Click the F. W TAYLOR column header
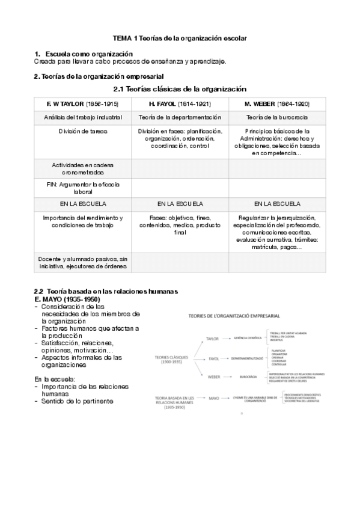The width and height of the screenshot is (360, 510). [82, 104]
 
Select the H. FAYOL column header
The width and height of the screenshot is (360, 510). [180, 104]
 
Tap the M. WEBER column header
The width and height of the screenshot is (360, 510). [277, 104]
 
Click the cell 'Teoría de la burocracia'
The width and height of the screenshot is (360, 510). [277, 117]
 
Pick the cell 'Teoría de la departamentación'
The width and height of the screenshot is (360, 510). [180, 117]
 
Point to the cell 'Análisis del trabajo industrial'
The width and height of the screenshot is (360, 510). [82, 117]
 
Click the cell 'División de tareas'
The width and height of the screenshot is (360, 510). [82, 131]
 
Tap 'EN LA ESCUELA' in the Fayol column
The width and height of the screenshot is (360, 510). [180, 204]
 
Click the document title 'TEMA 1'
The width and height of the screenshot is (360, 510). [180, 38]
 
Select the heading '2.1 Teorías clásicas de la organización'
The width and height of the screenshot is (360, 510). [180, 89]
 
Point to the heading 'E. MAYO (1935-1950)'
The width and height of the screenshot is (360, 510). [67, 300]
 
